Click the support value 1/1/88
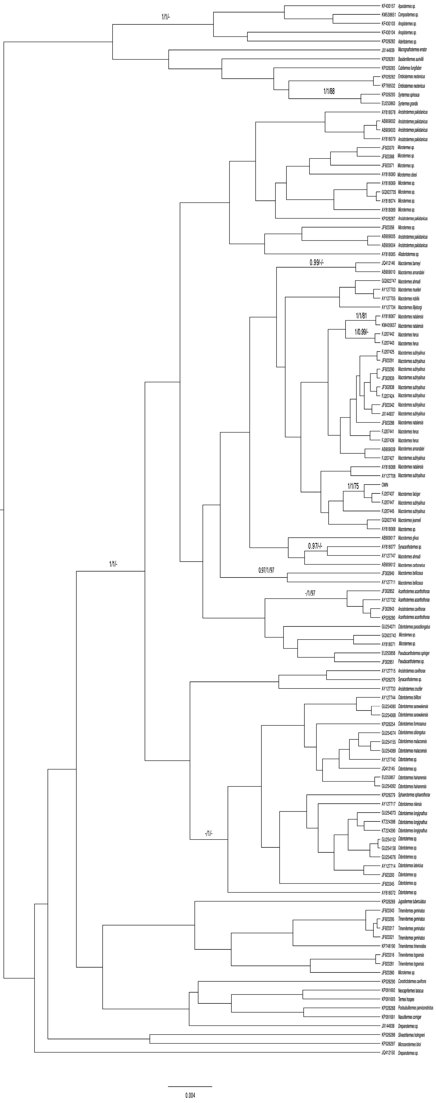(x=329, y=91)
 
